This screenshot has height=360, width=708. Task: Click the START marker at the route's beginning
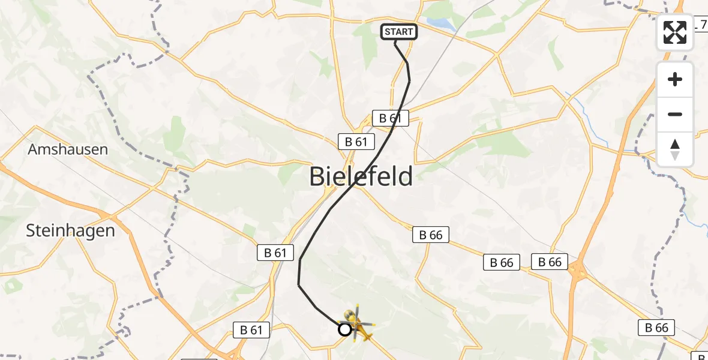click(398, 32)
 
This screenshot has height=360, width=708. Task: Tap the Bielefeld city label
click(361, 177)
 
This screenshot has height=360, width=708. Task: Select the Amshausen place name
click(68, 149)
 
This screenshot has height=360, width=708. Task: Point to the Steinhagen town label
click(70, 230)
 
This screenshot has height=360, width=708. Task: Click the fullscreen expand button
click(675, 32)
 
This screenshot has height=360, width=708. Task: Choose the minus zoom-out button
click(675, 114)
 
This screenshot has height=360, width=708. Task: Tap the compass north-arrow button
click(675, 149)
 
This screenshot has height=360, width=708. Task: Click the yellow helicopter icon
click(359, 325)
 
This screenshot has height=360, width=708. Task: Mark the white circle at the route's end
click(345, 329)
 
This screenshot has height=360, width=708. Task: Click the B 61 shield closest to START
click(390, 118)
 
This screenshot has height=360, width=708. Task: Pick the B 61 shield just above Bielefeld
click(356, 142)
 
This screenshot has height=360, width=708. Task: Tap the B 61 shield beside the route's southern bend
click(275, 253)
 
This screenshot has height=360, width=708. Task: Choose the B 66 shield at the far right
click(656, 328)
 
